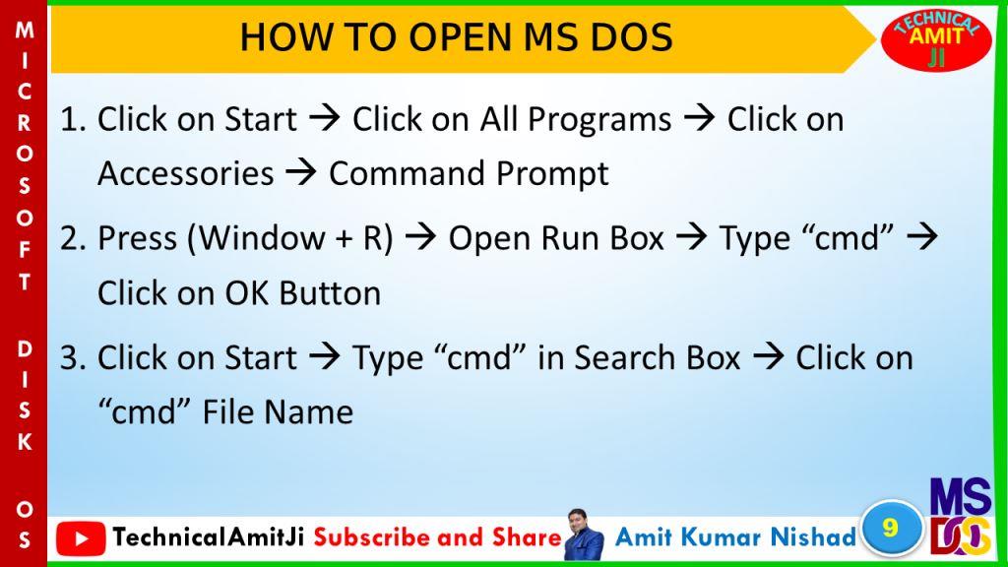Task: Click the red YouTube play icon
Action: click(81, 538)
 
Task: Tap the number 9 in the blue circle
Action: click(890, 528)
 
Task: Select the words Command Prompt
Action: click(469, 173)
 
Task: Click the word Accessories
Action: click(186, 173)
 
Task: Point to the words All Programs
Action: click(576, 119)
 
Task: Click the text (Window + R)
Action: click(290, 238)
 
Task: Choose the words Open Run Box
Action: click(556, 238)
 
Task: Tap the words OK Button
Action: click(302, 293)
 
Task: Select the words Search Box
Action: click(657, 358)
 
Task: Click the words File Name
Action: click(278, 412)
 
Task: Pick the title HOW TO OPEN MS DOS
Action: click(456, 36)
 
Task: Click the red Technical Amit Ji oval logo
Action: click(936, 39)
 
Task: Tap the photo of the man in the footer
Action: click(583, 535)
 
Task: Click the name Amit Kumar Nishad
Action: click(735, 536)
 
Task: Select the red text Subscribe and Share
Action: click(438, 536)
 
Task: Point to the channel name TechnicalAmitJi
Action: click(209, 536)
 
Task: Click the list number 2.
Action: click(73, 239)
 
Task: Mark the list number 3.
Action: click(73, 358)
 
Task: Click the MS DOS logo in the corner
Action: click(961, 516)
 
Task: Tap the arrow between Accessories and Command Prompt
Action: click(301, 173)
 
